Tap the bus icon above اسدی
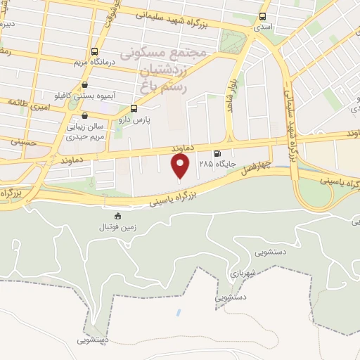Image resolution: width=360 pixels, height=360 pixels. [263, 16]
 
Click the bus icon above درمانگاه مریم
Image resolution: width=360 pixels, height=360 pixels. [94, 51]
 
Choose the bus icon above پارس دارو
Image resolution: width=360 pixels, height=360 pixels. [134, 108]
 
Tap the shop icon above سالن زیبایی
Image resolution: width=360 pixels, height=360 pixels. [84, 116]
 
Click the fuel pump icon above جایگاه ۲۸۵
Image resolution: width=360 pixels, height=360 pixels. [217, 153]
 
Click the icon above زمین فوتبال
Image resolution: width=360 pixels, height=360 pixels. [117, 216]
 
